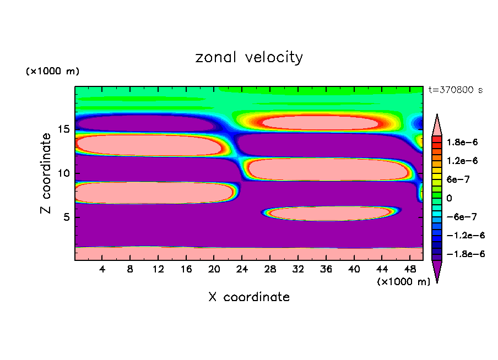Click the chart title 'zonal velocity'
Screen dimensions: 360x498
[x=249, y=57]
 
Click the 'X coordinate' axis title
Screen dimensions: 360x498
[x=249, y=297]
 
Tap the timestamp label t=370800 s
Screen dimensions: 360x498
[x=456, y=90]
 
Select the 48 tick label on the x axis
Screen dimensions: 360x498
[x=410, y=269]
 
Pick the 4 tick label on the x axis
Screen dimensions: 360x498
[x=102, y=269]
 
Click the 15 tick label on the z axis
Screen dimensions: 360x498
[x=64, y=129]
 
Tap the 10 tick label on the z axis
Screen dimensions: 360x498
[x=64, y=173]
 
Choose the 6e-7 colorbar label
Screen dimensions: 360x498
[x=458, y=179]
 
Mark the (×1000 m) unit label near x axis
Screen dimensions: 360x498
[x=404, y=282]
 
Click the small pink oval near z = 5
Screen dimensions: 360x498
[x=331, y=213]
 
